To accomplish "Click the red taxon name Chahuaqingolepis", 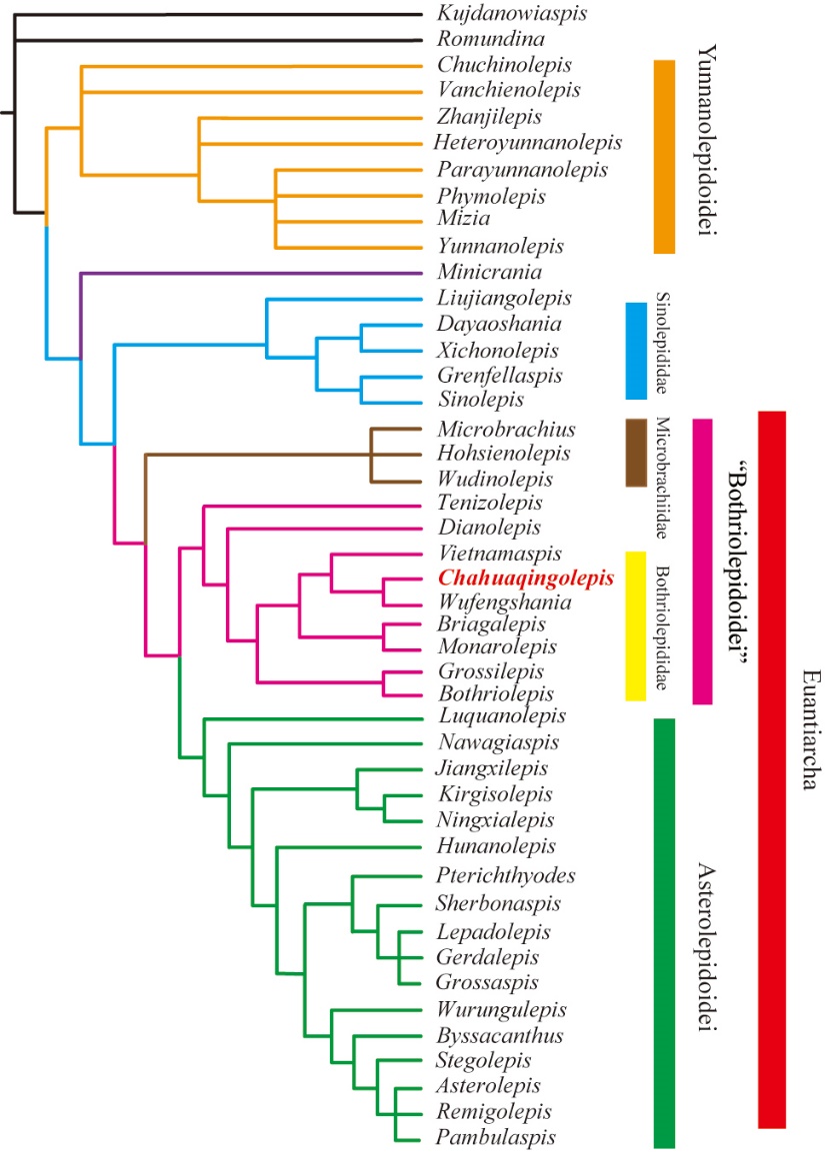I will (525, 578).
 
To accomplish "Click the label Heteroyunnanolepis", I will (528, 143).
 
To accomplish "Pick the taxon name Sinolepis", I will (480, 401).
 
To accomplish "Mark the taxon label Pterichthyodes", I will (506, 875).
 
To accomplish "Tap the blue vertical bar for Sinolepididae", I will (636, 351).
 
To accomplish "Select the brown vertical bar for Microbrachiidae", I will (636, 453).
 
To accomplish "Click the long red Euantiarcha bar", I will (772, 769).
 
